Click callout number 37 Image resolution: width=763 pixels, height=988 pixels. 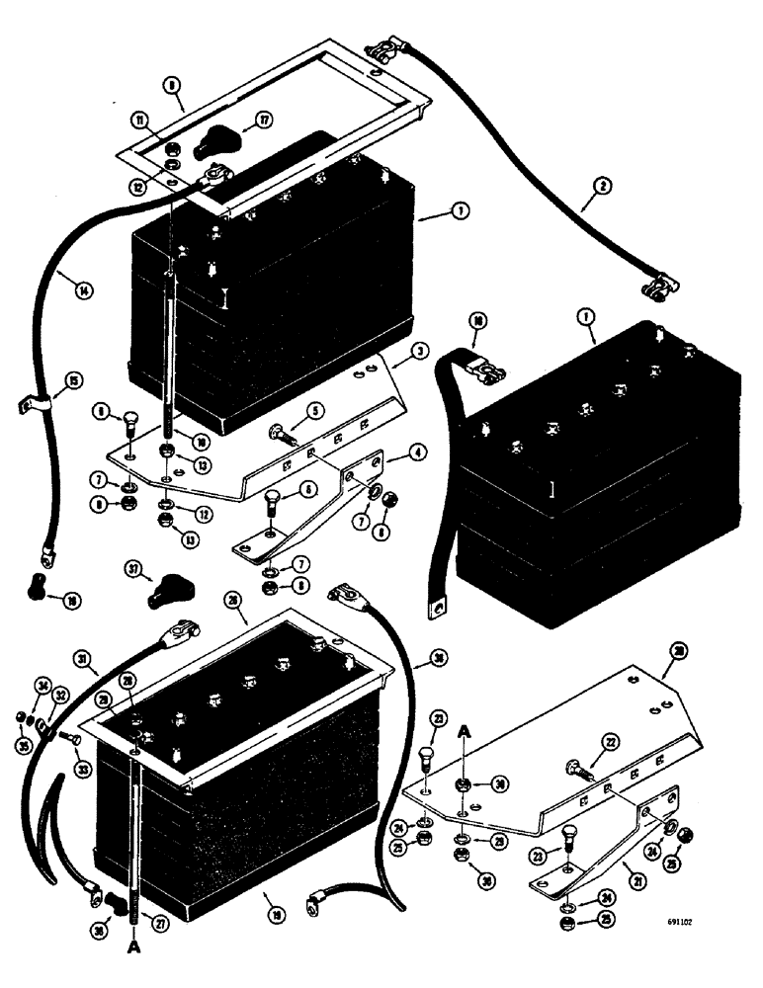136,569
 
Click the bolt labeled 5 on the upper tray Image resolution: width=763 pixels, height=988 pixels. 280,431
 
